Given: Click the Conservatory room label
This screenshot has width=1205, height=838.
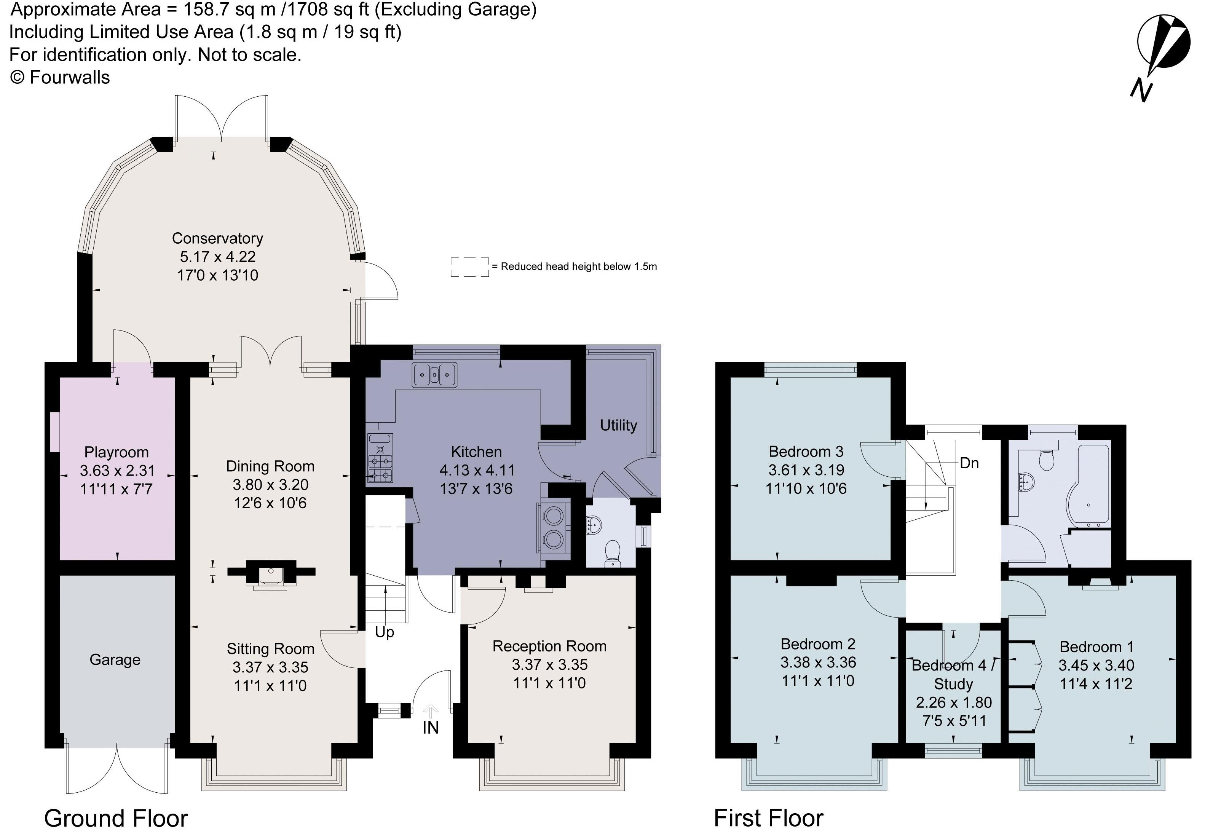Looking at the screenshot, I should tap(217, 238).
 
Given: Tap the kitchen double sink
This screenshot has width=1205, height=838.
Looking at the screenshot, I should tap(434, 374).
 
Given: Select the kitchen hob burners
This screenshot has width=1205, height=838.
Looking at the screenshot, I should tap(380, 462).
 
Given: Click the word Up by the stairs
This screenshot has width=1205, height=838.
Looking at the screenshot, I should tap(384, 632).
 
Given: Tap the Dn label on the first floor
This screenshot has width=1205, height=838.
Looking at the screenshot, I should tap(969, 463).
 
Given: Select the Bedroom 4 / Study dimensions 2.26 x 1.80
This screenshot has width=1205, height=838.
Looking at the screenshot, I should tap(954, 702).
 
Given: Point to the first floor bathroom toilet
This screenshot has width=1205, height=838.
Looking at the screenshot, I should tap(1046, 461).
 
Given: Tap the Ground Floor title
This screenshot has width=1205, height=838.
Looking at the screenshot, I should tap(116, 818).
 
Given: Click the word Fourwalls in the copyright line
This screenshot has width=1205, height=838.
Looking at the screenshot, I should tap(70, 78).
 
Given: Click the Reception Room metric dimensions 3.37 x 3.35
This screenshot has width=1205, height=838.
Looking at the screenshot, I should tap(549, 664).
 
